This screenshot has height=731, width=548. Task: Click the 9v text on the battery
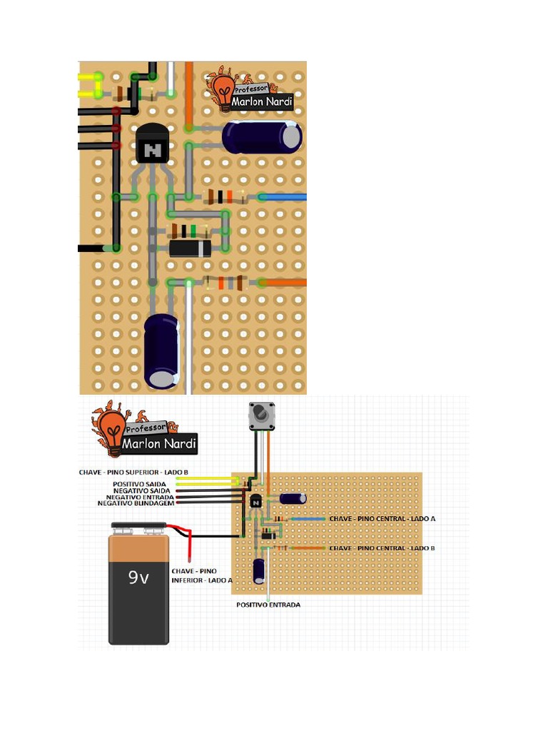[x=138, y=578]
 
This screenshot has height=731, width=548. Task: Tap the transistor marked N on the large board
[x=152, y=143]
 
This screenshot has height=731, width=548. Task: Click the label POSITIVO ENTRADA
[x=268, y=605]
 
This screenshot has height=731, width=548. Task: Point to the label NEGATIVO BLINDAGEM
[x=136, y=503]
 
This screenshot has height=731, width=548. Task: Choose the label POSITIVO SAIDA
[x=139, y=485]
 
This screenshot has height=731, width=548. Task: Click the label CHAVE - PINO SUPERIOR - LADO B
[x=133, y=473]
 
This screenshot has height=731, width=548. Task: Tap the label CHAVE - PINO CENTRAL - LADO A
[x=382, y=518]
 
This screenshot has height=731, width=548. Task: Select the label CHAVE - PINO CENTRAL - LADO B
[x=382, y=548]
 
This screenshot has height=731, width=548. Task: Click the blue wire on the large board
[x=283, y=197]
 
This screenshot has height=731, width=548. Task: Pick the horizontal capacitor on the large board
[x=262, y=137]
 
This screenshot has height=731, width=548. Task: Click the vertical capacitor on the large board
[x=161, y=351]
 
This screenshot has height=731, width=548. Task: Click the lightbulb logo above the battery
[x=112, y=429]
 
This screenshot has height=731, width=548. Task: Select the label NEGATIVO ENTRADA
[x=140, y=497]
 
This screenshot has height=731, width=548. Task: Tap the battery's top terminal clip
[x=139, y=526]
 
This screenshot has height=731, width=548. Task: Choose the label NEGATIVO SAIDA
[x=142, y=491]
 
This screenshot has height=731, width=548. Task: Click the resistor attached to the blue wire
[x=226, y=197]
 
